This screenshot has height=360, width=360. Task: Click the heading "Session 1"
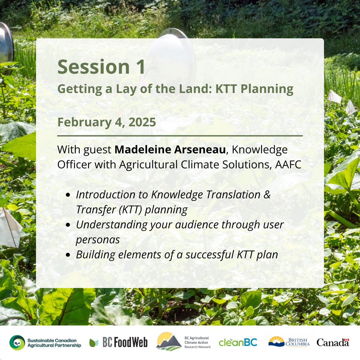pyautogui.click(x=101, y=67)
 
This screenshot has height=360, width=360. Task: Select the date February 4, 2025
pyautogui.click(x=107, y=122)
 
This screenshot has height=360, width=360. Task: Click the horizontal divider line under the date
pyautogui.click(x=180, y=136)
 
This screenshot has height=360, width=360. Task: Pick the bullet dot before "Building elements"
pyautogui.click(x=68, y=255)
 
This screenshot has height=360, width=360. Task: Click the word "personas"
pyautogui.click(x=98, y=240)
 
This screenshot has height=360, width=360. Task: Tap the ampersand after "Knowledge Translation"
pyautogui.click(x=267, y=195)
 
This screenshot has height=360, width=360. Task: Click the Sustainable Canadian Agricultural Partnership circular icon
pyautogui.click(x=17, y=343)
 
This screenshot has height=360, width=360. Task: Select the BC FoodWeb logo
pyautogui.click(x=118, y=343)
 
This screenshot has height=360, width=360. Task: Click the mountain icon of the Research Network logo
pyautogui.click(x=169, y=342)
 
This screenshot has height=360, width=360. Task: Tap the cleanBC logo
pyautogui.click(x=238, y=342)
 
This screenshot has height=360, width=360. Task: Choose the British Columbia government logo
pyautogui.click(x=289, y=342)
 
